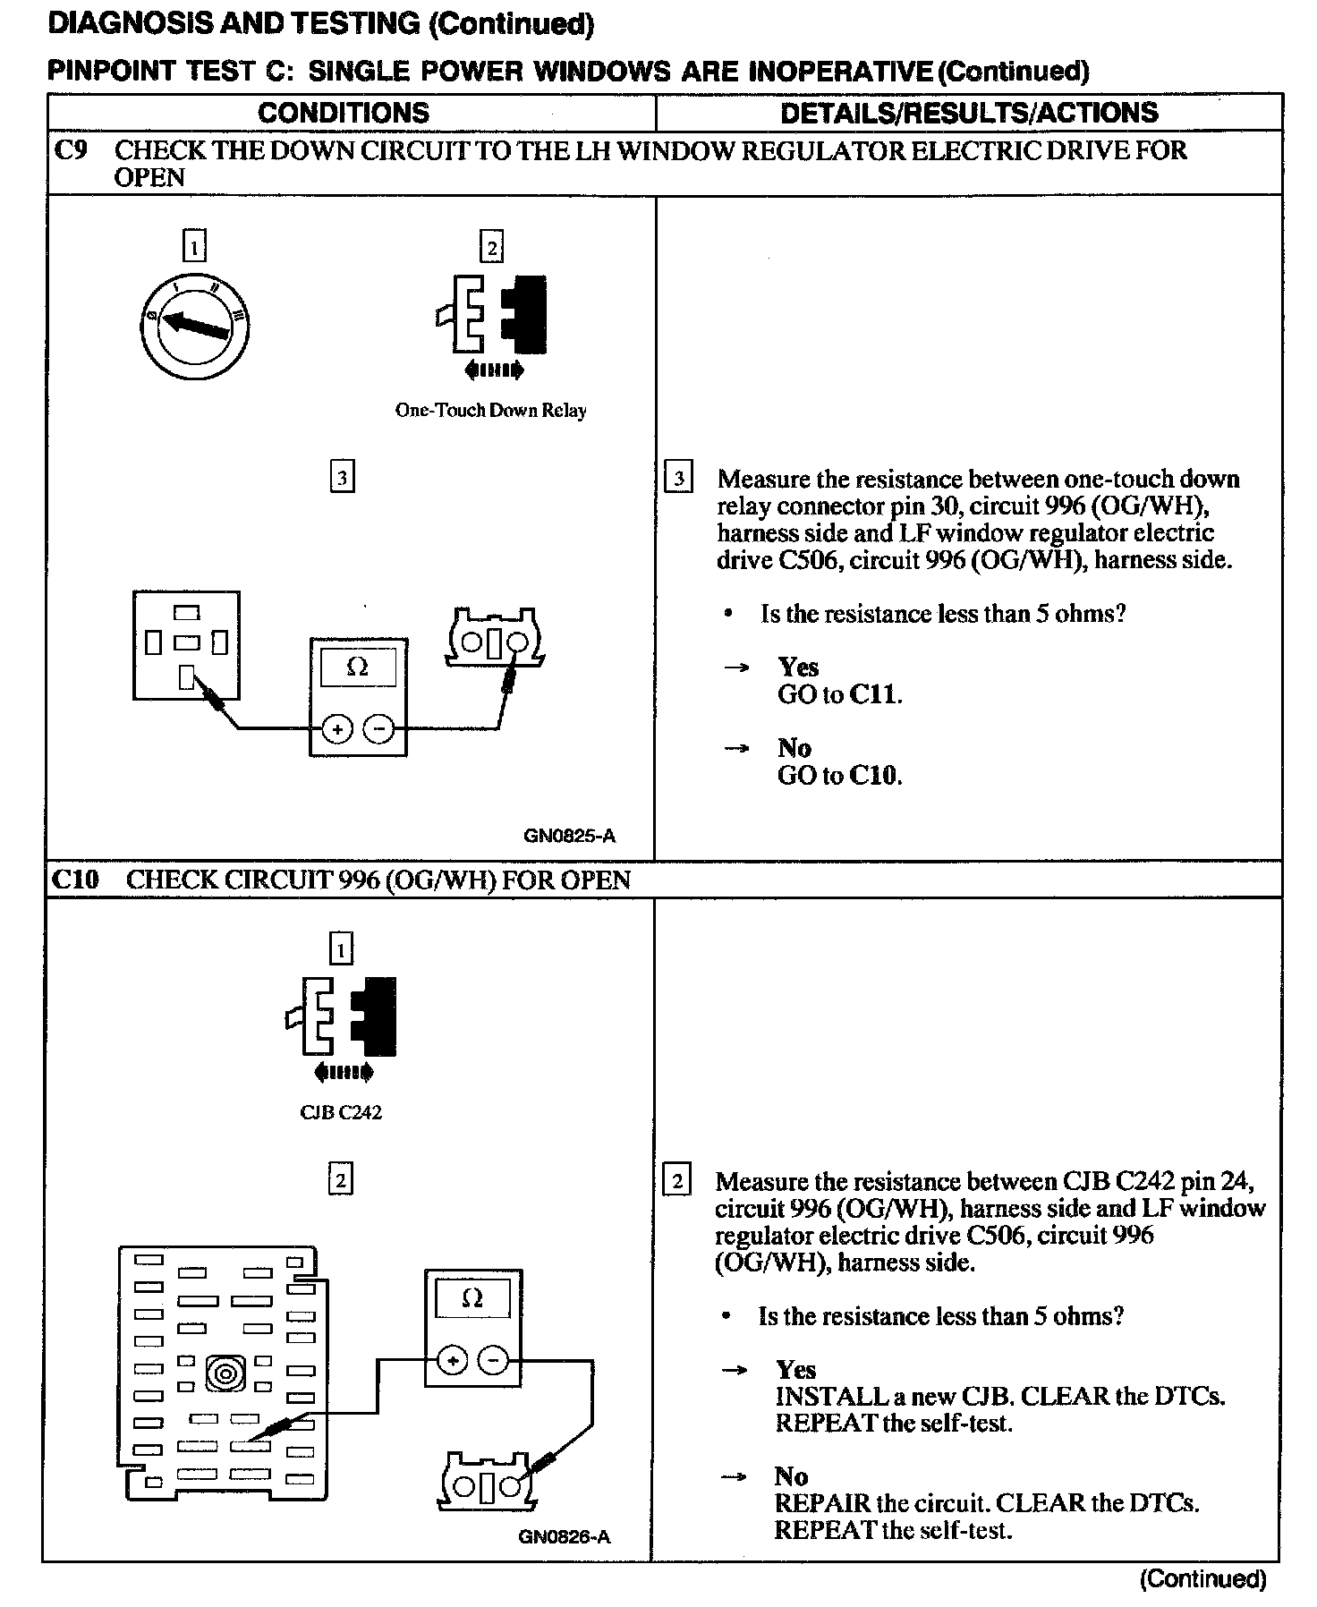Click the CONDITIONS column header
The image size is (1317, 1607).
[x=344, y=113]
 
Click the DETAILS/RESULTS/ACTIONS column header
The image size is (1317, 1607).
[x=969, y=113]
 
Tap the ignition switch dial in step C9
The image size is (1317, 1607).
[x=195, y=328]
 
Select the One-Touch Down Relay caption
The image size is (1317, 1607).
[x=490, y=411]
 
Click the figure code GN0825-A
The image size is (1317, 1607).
[x=569, y=837]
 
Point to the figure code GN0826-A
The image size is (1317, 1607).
[x=564, y=1537]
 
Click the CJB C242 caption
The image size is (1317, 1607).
[x=341, y=1113]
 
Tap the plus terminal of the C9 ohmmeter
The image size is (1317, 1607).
[x=337, y=730]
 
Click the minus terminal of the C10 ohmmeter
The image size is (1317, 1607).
[x=493, y=1361]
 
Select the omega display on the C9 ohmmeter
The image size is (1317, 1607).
[x=357, y=667]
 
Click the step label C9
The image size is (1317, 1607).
[x=71, y=150]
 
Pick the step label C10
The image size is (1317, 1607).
[x=75, y=880]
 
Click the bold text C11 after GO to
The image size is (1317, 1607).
[x=872, y=694]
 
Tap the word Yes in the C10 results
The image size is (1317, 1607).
[x=795, y=1370]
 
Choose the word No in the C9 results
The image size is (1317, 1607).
[x=794, y=748]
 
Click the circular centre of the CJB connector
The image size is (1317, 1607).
[x=224, y=1373]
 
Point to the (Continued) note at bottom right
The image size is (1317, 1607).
[x=1203, y=1579]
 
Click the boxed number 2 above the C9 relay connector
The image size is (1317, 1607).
[x=491, y=247]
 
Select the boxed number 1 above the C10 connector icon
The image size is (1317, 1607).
[x=341, y=948]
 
